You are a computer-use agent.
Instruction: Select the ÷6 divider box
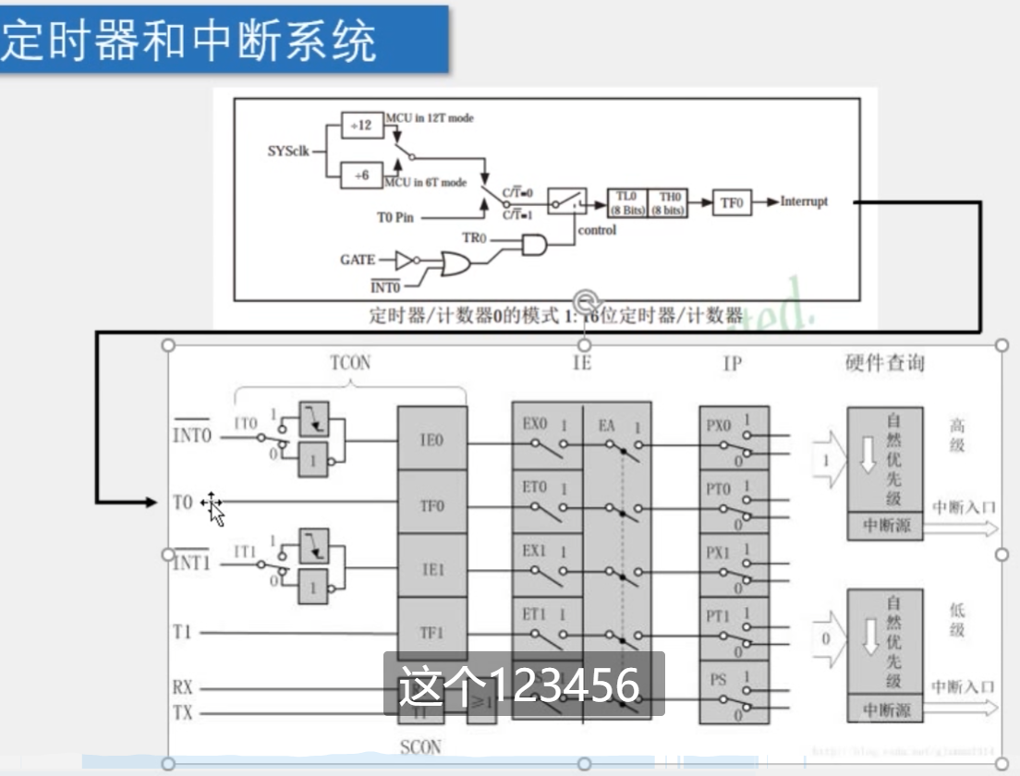361,175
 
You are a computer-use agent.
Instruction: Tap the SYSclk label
288,151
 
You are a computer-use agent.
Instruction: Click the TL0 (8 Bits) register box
627,202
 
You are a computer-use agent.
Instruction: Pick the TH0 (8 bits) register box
668,202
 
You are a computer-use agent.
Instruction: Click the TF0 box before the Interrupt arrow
732,202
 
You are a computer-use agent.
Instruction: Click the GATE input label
358,260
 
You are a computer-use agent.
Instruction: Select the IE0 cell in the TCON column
432,440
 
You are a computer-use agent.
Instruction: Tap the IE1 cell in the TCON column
432,569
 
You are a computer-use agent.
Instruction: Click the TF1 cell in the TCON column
432,633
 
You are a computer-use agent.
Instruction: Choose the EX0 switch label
535,424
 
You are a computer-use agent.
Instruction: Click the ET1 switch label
535,614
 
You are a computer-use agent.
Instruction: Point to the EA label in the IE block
606,425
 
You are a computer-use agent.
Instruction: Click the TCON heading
349,363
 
